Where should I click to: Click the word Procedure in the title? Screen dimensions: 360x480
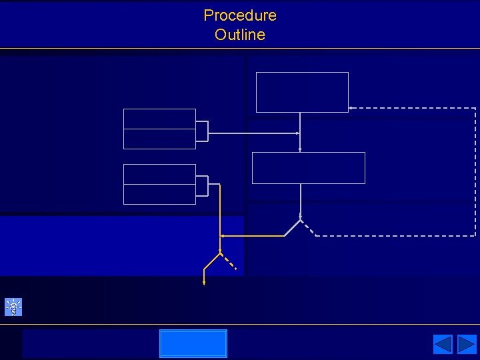click(240, 15)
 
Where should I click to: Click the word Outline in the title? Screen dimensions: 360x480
click(240, 35)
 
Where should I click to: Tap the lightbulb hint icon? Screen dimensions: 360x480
click(13, 307)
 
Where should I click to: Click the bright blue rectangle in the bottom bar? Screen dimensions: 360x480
click(193, 343)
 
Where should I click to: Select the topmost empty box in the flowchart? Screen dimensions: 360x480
click(302, 92)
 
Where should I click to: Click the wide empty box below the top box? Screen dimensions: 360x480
click(308, 167)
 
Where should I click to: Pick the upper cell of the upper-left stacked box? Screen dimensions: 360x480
click(159, 119)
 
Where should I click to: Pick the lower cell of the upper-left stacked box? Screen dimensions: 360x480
click(159, 139)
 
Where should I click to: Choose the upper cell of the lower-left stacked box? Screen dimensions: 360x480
click(159, 174)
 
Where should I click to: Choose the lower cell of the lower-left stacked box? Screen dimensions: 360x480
click(159, 194)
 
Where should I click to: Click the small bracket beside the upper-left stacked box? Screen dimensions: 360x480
click(202, 131)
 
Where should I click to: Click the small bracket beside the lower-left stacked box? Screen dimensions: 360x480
click(202, 186)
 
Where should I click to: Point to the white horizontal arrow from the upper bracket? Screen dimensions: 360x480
click(253, 133)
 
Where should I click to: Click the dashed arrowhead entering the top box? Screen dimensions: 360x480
click(351, 108)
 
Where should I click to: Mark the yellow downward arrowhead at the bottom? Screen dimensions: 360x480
click(204, 282)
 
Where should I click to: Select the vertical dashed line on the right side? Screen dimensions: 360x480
click(475, 172)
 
